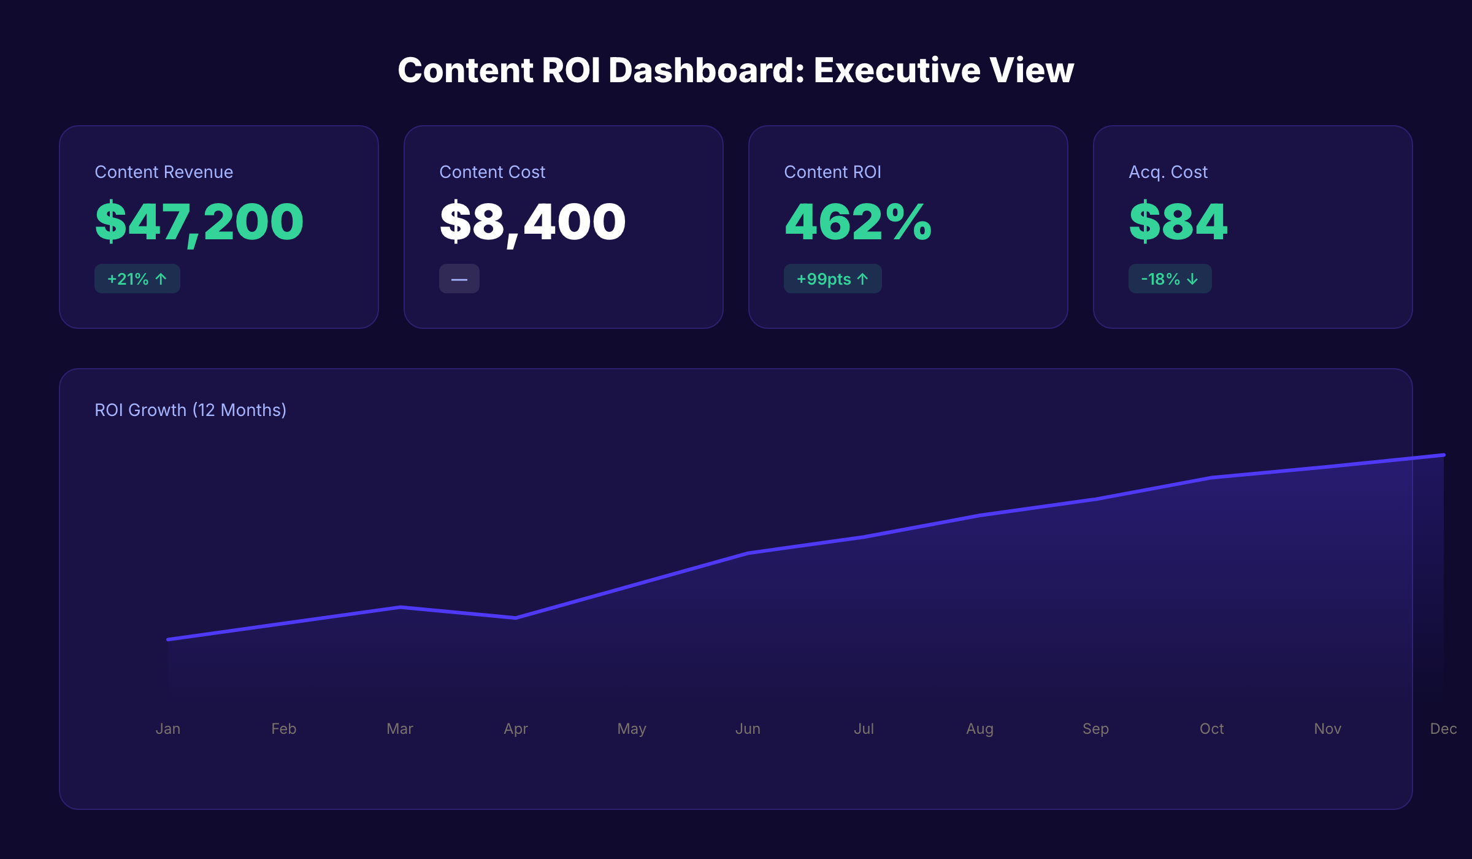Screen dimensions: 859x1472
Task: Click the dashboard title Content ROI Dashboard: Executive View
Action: tap(735, 70)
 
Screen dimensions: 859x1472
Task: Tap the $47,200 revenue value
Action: tap(199, 222)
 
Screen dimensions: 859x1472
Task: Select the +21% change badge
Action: tap(137, 279)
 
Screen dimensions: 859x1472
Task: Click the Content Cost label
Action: tap(492, 172)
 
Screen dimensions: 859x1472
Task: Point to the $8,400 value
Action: tap(532, 222)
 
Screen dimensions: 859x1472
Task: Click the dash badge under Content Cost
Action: tap(459, 279)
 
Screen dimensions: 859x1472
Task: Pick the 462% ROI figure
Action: tap(857, 222)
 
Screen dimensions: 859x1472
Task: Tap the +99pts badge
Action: tap(832, 279)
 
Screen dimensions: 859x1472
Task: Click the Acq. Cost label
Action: tap(1168, 172)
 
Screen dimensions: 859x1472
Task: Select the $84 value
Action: tap(1178, 222)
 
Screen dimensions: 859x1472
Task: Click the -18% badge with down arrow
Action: tap(1170, 279)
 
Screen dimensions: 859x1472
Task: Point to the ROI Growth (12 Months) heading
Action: tap(190, 410)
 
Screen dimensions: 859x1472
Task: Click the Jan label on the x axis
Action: tap(168, 729)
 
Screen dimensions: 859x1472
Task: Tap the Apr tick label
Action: tap(516, 729)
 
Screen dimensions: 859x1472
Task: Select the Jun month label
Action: tap(748, 729)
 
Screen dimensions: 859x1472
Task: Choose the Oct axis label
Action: tap(1211, 729)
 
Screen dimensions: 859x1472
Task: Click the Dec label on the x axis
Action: tap(1443, 729)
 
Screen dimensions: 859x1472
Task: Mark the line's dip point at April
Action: tap(516, 618)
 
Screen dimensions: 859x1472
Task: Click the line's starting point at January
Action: tap(168, 639)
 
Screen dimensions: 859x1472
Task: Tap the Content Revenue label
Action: tap(164, 172)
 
